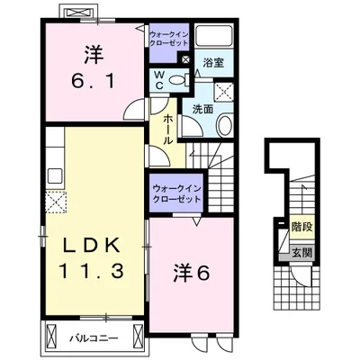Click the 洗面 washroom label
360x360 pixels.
click(x=202, y=109)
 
